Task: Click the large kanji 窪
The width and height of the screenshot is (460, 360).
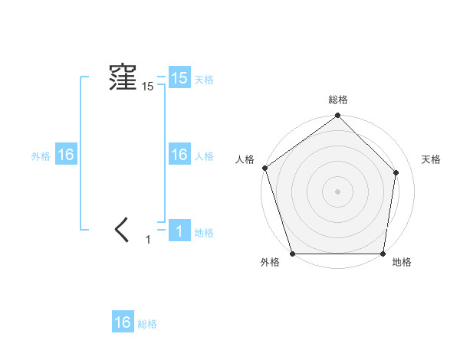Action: coord(122,79)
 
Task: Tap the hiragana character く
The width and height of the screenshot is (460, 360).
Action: coord(123,230)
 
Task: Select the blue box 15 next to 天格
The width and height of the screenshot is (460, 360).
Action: coord(179,79)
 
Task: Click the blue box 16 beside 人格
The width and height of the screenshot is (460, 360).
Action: coord(179,155)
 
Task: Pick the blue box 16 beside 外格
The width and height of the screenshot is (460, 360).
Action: coord(65,155)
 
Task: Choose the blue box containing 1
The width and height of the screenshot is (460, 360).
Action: coord(179,231)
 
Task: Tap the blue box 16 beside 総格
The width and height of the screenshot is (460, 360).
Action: coord(123,322)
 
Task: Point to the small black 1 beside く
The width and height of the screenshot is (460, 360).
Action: coord(149,240)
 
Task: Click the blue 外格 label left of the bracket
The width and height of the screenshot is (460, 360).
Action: coord(41,156)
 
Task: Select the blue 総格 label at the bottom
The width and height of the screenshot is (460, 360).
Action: coord(147,324)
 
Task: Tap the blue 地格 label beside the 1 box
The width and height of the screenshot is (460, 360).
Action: coord(204,233)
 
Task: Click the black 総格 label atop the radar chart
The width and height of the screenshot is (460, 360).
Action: coord(337,100)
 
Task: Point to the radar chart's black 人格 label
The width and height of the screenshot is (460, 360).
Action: coord(245,159)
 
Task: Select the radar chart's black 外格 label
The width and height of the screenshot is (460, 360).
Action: coord(269,262)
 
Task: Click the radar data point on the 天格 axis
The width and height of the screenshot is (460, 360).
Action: coord(396,172)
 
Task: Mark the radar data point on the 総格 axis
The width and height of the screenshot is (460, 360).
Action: coord(337,116)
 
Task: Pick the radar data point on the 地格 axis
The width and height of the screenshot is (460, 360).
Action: coord(383,254)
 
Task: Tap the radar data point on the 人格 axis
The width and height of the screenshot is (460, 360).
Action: coord(264,168)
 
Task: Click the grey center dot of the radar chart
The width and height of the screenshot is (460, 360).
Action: coord(337,191)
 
